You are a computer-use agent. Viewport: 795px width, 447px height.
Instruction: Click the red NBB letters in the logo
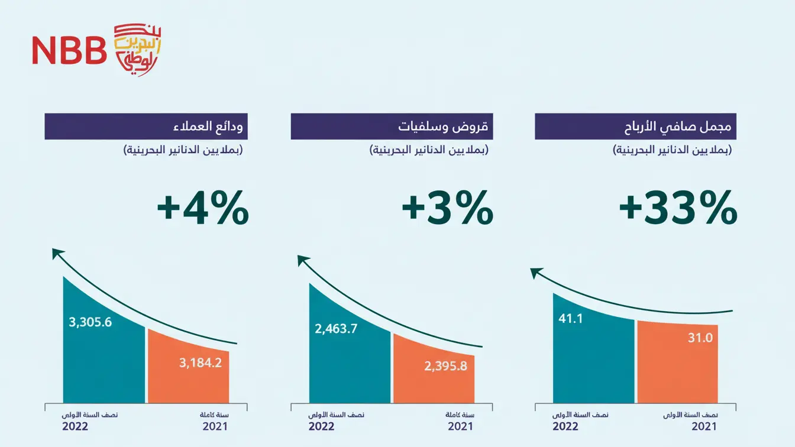(x=69, y=51)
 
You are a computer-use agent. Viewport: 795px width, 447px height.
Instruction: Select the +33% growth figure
(x=678, y=208)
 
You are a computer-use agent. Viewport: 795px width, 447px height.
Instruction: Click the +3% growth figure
(x=447, y=208)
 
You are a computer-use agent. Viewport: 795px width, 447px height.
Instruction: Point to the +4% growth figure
(x=202, y=208)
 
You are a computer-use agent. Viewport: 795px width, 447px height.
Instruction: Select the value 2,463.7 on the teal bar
(x=336, y=329)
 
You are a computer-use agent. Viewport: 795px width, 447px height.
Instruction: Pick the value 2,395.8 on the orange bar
(x=445, y=366)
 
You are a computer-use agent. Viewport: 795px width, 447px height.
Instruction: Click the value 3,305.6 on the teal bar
(x=91, y=322)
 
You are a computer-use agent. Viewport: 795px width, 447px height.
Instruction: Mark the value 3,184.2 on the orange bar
(x=201, y=362)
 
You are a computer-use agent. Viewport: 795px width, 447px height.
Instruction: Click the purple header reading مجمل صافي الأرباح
(x=635, y=127)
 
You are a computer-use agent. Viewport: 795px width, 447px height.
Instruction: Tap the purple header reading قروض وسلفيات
(x=392, y=127)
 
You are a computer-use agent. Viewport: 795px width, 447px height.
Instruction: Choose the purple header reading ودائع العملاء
(x=146, y=127)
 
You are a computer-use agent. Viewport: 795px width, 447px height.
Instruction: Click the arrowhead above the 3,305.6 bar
(x=57, y=254)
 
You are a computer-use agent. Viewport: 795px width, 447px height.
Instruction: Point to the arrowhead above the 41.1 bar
(x=536, y=273)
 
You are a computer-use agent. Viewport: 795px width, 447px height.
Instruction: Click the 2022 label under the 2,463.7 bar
(x=321, y=426)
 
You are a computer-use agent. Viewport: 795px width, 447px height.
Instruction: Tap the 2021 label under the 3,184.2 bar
(x=215, y=426)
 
